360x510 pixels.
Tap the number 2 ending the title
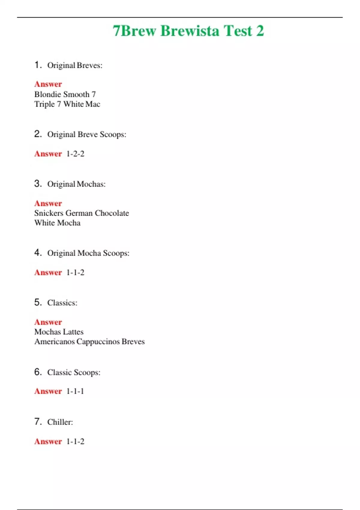pyautogui.click(x=260, y=31)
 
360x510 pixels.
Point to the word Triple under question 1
pyautogui.click(x=44, y=104)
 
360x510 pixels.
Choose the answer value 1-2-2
pyautogui.click(x=75, y=154)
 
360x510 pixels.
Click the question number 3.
pyautogui.click(x=38, y=183)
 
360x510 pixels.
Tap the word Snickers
pyautogui.click(x=49, y=213)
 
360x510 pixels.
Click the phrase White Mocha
pyautogui.click(x=57, y=223)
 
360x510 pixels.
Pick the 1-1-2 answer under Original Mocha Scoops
pyautogui.click(x=75, y=272)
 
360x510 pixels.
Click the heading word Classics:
pyautogui.click(x=62, y=303)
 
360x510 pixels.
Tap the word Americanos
pyautogui.click(x=54, y=342)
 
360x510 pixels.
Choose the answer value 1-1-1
pyautogui.click(x=75, y=391)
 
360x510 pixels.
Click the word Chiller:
pyautogui.click(x=60, y=422)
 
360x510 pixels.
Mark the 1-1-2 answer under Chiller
pyautogui.click(x=75, y=441)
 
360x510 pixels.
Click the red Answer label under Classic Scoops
pyautogui.click(x=48, y=391)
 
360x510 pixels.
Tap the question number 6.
pyautogui.click(x=38, y=372)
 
